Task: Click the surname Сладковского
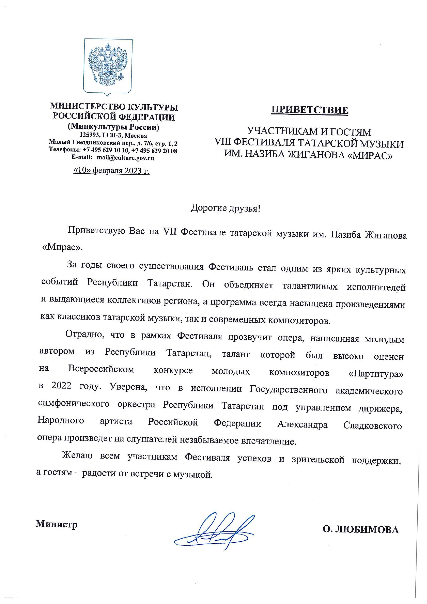click(372, 425)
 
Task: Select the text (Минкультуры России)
click(114, 127)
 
